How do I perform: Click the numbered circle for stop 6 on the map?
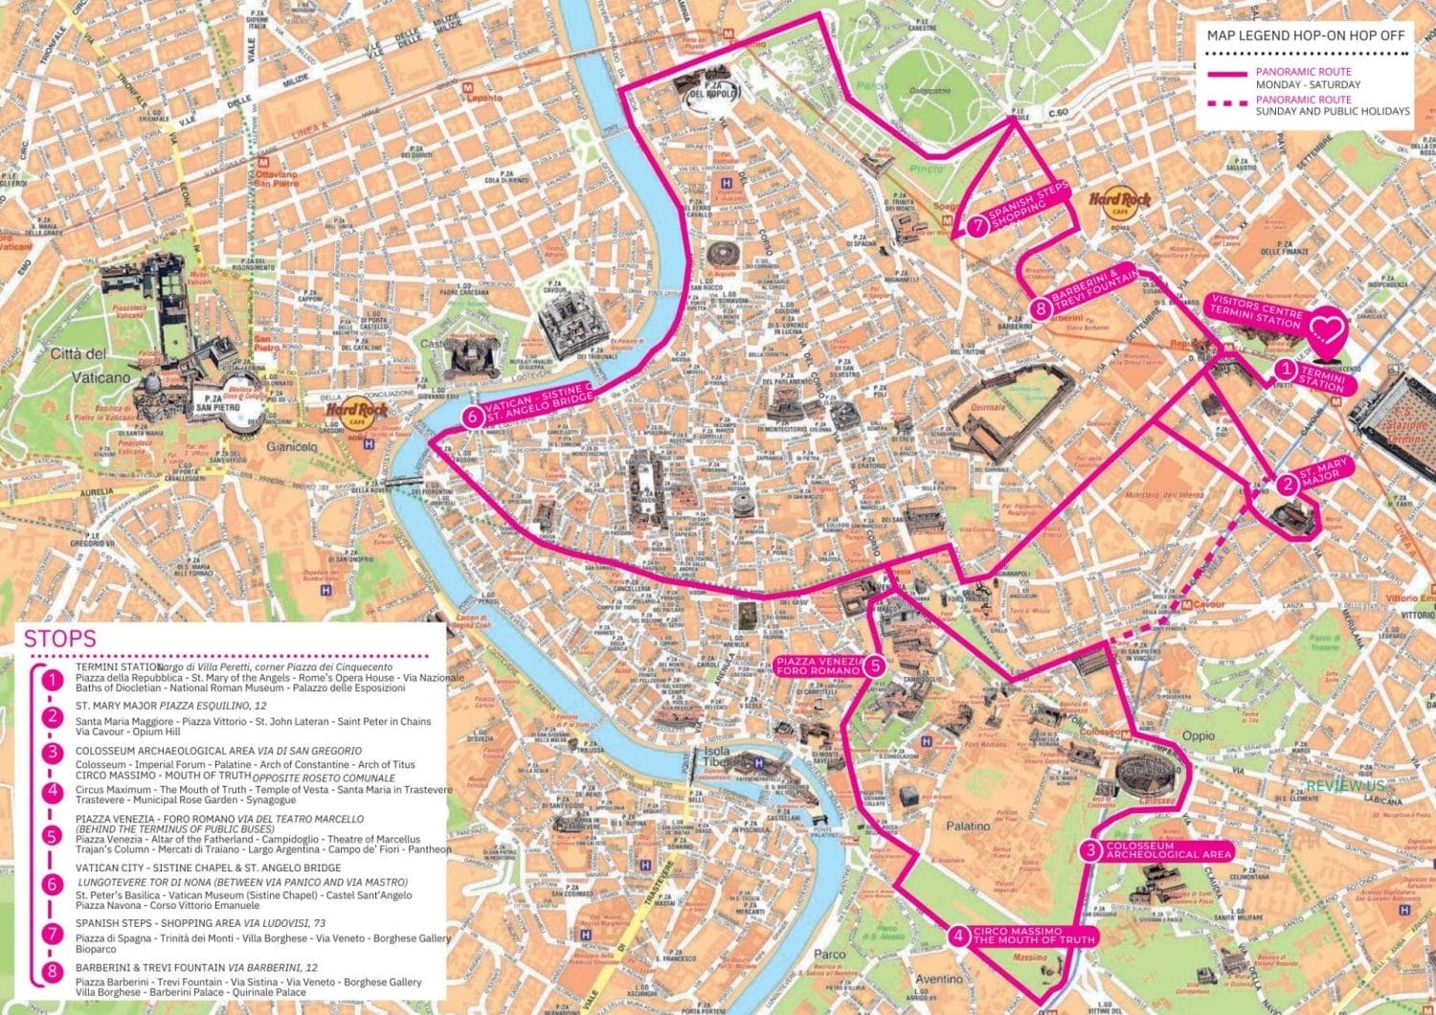click(472, 417)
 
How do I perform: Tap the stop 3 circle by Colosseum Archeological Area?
click(1090, 850)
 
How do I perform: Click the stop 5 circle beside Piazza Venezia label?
click(874, 666)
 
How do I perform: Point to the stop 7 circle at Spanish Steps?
click(976, 227)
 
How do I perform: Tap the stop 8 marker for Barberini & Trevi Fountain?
click(1041, 308)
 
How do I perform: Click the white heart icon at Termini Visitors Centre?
click(1327, 330)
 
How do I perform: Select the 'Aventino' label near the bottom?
click(939, 979)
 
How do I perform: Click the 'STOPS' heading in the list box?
click(59, 639)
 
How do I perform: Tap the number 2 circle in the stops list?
click(53, 716)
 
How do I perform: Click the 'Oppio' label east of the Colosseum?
click(1198, 735)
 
